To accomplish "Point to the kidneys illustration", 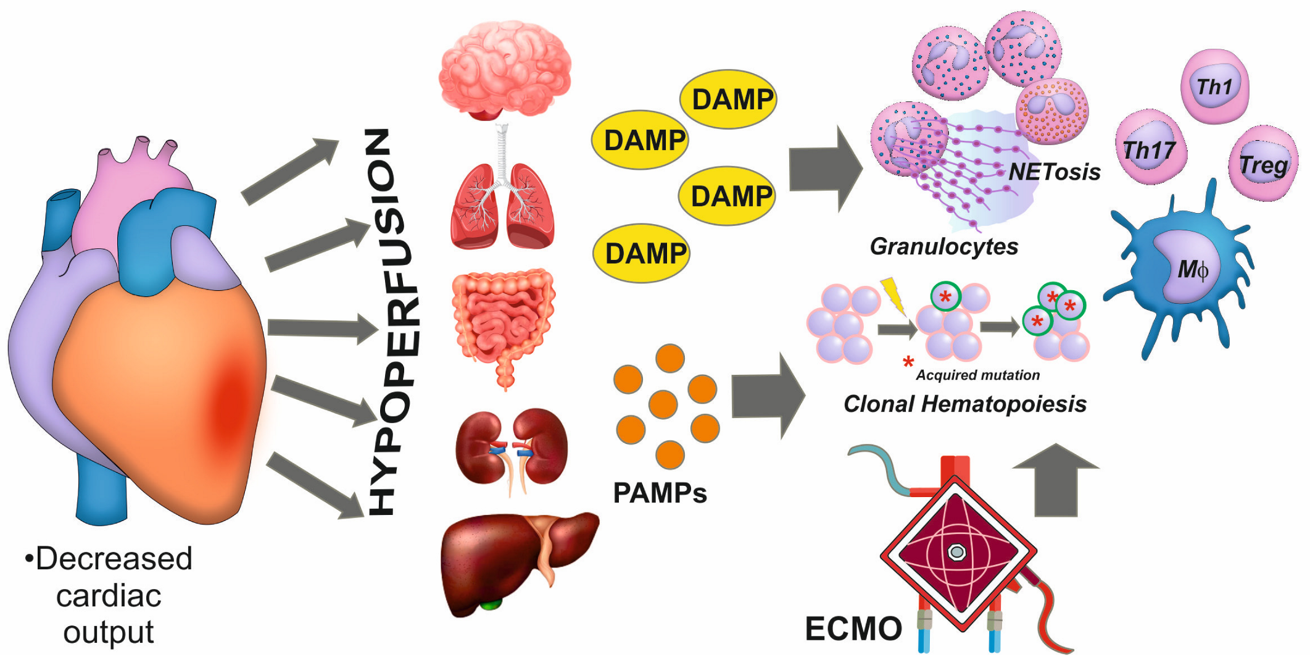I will point(511,448).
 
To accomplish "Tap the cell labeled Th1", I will point(1214,87).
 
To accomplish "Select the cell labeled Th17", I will point(1150,149).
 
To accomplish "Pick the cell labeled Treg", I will point(1263,164).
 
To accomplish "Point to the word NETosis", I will point(1054,172).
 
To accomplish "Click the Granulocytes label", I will point(943,246).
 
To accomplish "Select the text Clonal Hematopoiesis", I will point(964,404).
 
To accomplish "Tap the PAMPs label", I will point(660,493).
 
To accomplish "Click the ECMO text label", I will point(853,629).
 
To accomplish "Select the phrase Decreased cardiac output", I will point(109,595).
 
